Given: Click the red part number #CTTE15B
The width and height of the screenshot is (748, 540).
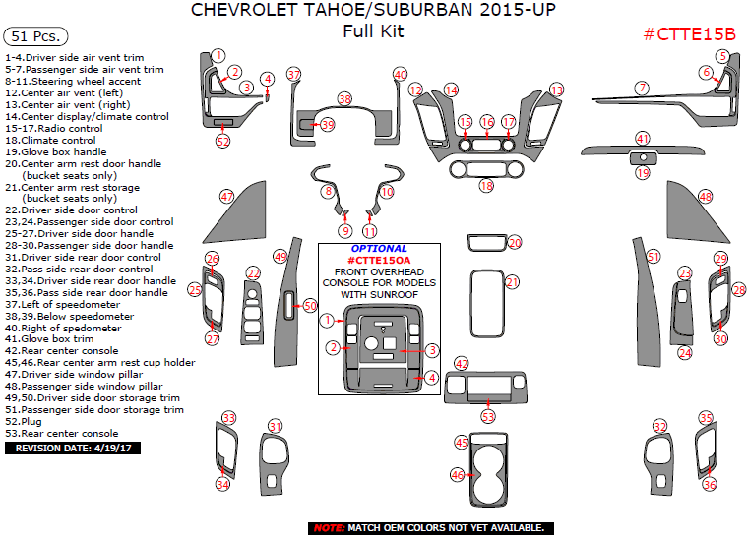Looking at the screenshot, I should [689, 34].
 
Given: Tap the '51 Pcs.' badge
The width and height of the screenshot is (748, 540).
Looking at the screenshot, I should [34, 36].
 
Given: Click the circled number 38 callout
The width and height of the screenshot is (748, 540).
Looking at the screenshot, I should [344, 98].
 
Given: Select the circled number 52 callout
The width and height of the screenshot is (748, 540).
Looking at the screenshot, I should [223, 141].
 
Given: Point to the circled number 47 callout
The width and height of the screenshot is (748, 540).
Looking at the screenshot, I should [227, 196].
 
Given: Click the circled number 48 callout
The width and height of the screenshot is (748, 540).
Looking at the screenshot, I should [705, 197].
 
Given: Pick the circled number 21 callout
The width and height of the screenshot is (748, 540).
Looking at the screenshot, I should [512, 282].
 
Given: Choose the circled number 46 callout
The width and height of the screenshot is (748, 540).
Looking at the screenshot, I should [458, 475].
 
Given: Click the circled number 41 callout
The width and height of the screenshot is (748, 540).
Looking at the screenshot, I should [643, 139].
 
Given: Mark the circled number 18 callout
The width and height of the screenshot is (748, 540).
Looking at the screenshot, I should [486, 185].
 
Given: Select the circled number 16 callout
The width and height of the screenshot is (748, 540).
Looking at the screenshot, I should [487, 121].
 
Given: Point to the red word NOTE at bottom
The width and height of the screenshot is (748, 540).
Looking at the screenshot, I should [329, 528].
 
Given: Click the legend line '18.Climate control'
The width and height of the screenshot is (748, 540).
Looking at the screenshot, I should [51, 140].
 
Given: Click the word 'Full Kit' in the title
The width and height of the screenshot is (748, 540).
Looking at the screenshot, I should [373, 31].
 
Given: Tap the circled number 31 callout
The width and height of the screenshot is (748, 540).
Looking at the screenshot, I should [276, 426].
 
